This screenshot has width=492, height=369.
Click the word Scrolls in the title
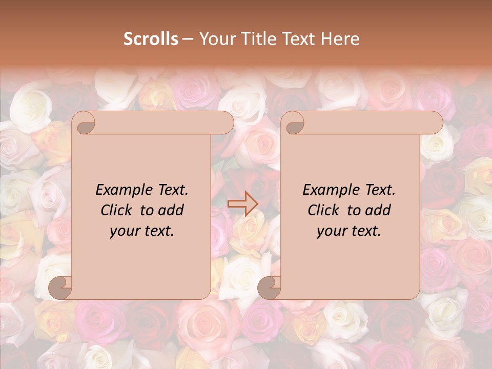coord(151,39)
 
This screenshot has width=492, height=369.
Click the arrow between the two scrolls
coord(242,204)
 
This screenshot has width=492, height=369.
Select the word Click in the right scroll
coord(323,210)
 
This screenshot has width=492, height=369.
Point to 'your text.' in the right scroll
coord(349,231)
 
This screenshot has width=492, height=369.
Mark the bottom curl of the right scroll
coord(270,288)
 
